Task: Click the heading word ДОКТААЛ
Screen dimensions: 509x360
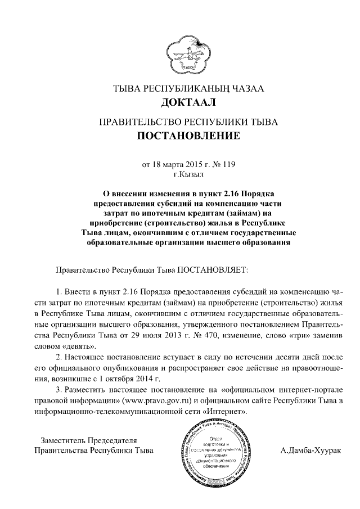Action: pyautogui.click(x=180, y=102)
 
